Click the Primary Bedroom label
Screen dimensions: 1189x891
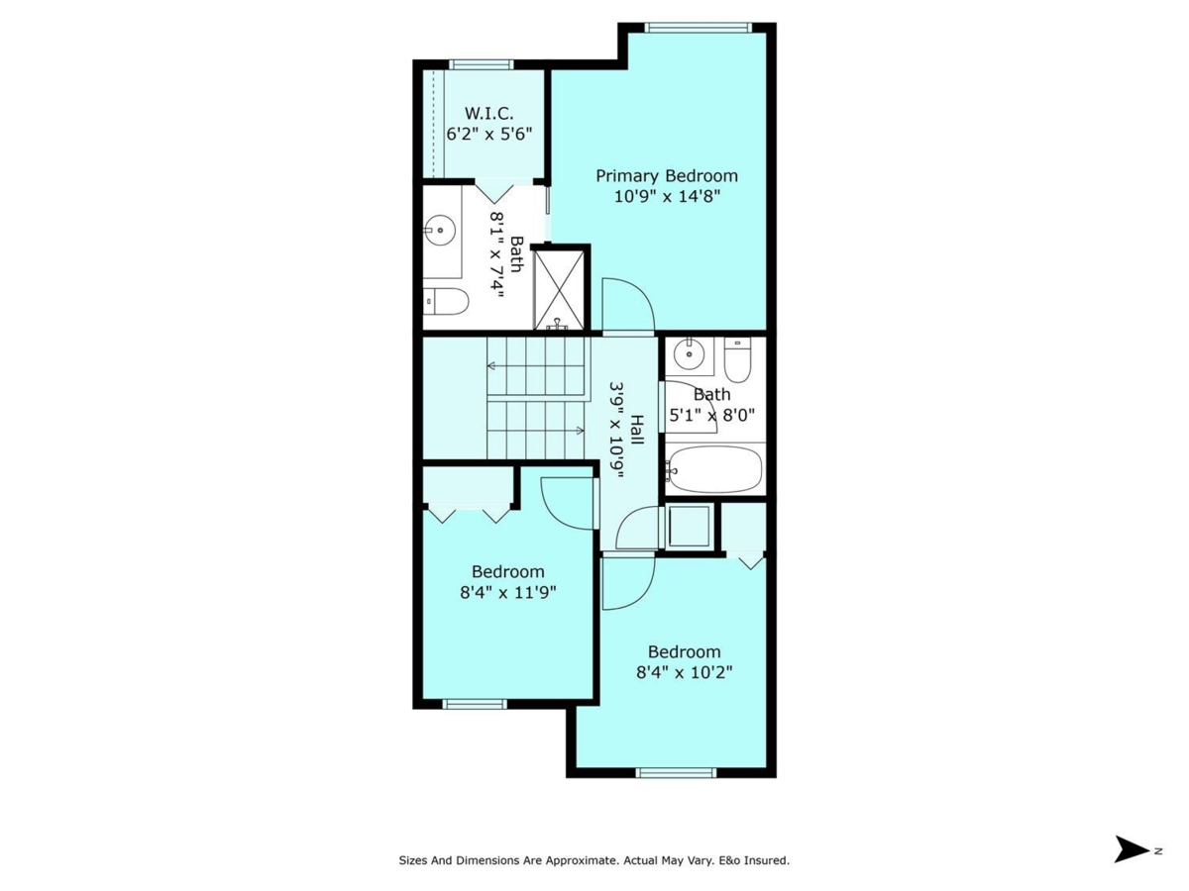(x=666, y=176)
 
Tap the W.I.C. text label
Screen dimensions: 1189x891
(x=489, y=114)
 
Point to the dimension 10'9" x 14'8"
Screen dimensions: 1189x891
(x=667, y=196)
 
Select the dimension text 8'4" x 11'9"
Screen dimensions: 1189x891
(x=508, y=592)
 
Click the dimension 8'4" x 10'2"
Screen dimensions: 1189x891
(x=684, y=672)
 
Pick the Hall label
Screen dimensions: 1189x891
(x=637, y=430)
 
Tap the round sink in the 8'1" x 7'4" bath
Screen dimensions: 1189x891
(x=440, y=231)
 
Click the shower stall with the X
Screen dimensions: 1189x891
(x=559, y=289)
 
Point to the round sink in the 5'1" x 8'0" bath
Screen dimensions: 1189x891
(x=689, y=353)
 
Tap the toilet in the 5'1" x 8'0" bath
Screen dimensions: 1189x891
(x=737, y=359)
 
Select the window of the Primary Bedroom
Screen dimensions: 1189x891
(x=698, y=28)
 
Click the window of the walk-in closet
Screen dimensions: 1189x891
(x=481, y=65)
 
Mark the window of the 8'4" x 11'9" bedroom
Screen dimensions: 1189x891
(x=475, y=704)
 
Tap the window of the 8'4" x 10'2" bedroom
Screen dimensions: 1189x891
(x=676, y=773)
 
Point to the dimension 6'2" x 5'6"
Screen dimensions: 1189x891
(x=489, y=134)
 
